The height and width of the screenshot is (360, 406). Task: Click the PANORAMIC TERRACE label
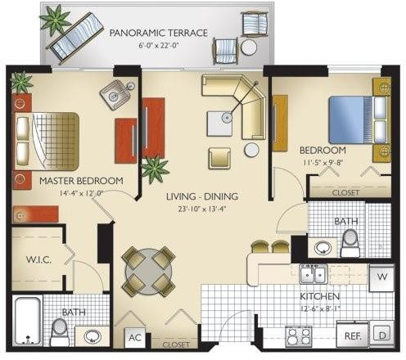pyautogui.click(x=159, y=33)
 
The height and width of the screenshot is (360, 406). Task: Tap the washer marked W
pyautogui.click(x=382, y=277)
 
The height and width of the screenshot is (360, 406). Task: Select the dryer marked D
pyautogui.click(x=382, y=335)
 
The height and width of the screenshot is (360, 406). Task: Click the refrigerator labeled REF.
pyautogui.click(x=353, y=335)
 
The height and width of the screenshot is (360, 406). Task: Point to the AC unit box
pyautogui.click(x=135, y=338)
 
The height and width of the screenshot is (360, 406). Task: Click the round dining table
pyautogui.click(x=148, y=272)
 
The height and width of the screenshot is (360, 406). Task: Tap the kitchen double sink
pyautogui.click(x=314, y=274)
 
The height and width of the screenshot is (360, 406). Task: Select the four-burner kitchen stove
pyautogui.click(x=298, y=336)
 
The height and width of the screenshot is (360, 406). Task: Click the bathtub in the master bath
pyautogui.click(x=28, y=321)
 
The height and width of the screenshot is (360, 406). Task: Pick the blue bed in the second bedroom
pyautogui.click(x=359, y=119)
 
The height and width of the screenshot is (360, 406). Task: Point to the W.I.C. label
pyautogui.click(x=38, y=259)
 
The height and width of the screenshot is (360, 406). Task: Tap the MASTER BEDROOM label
pyautogui.click(x=81, y=181)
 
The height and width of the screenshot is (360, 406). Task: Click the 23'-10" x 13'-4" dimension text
pyautogui.click(x=202, y=209)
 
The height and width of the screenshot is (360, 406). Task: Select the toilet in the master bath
pyautogui.click(x=59, y=332)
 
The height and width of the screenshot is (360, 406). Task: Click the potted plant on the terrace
pyautogui.click(x=56, y=20)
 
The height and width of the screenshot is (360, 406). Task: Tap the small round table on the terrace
pyautogui.click(x=249, y=47)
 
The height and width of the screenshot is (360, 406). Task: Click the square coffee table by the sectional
pyautogui.click(x=219, y=124)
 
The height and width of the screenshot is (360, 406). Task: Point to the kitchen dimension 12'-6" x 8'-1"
pyautogui.click(x=320, y=308)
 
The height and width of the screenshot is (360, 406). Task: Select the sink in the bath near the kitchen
pyautogui.click(x=323, y=248)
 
